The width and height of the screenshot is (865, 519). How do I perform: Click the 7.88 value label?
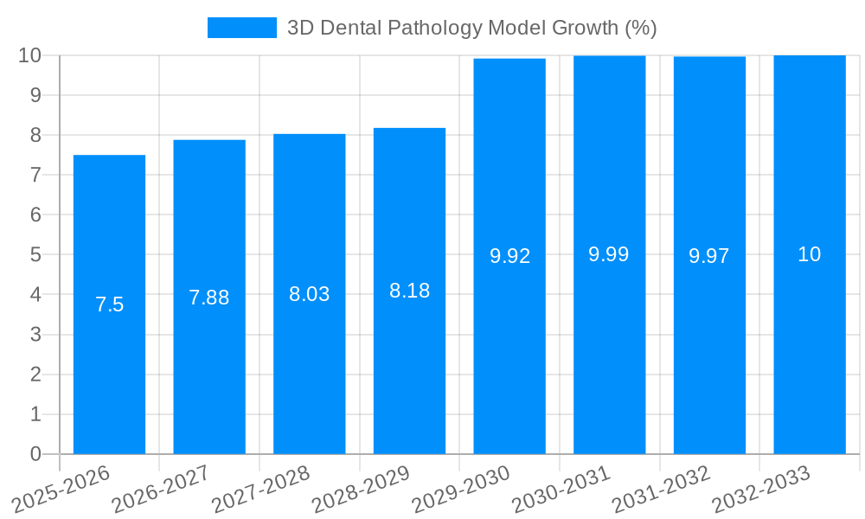(209, 298)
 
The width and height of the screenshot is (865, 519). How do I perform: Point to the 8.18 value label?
(409, 291)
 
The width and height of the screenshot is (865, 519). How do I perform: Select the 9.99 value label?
(609, 254)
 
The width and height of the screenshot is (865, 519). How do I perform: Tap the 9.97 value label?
(709, 256)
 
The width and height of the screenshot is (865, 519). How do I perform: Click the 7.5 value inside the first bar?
(109, 304)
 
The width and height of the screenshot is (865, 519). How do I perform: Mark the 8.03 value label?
(310, 294)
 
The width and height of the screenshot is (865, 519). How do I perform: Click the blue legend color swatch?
(241, 28)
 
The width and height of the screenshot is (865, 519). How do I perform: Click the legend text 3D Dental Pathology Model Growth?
(472, 28)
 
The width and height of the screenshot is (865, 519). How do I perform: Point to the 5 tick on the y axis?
(35, 255)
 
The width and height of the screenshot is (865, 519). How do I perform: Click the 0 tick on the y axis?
(35, 454)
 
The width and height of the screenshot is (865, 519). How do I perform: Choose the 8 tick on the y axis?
(35, 135)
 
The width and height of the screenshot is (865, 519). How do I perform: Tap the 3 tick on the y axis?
(35, 335)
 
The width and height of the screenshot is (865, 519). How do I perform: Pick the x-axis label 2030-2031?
(559, 490)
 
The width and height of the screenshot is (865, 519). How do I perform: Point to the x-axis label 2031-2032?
(659, 490)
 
